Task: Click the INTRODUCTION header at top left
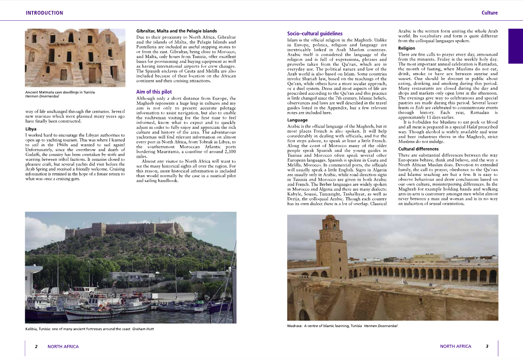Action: point(44,13)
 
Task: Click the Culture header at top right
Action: point(489,13)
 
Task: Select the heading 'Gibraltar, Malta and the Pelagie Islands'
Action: point(176,31)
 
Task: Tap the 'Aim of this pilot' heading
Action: point(154,92)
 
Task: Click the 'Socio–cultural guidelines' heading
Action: point(309,34)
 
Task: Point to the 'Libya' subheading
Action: point(31,129)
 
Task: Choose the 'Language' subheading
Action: point(298,120)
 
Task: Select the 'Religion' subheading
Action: point(407,48)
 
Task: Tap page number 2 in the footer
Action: point(36,347)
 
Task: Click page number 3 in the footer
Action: point(487,347)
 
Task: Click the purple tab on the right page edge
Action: point(515,46)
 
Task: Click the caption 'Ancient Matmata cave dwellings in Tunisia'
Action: point(60,92)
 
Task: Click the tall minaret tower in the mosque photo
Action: point(331,244)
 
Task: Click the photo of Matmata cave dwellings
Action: point(75,57)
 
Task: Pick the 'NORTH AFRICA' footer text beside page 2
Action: point(63,347)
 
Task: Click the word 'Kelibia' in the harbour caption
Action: point(32,329)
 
